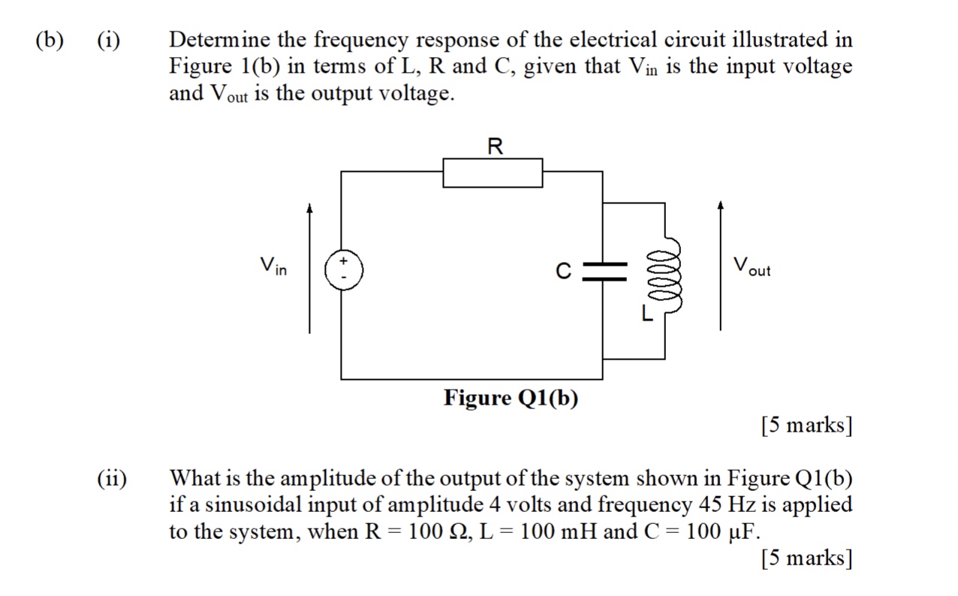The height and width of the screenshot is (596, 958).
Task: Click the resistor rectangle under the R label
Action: point(493,173)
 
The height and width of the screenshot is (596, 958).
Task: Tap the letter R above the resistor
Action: point(494,146)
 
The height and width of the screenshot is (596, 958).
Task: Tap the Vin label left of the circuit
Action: point(273,266)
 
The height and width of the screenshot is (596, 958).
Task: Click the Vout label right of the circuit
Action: point(752,266)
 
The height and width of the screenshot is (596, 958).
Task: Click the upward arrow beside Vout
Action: point(721,266)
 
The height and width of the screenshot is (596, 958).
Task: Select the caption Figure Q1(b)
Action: point(511,397)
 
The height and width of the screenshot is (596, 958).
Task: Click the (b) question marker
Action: point(50,40)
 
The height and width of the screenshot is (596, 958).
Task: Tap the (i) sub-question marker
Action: point(110,40)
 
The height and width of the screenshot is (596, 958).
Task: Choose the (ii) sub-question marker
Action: point(112,478)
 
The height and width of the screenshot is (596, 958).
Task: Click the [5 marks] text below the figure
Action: point(806,426)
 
